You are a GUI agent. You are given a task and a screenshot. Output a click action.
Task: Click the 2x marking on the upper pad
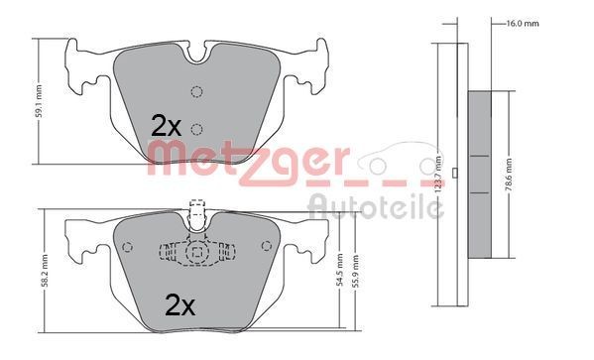point(166,125)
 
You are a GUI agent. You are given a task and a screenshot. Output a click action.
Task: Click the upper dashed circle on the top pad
point(196,93)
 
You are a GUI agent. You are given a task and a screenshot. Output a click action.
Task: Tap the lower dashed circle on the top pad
point(196,127)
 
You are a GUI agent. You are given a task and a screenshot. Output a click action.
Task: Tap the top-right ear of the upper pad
point(318,50)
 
